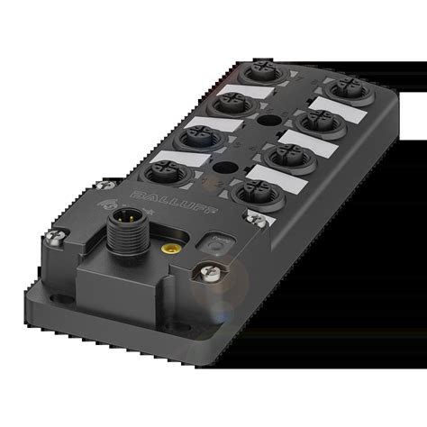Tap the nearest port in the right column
click(255, 191)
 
